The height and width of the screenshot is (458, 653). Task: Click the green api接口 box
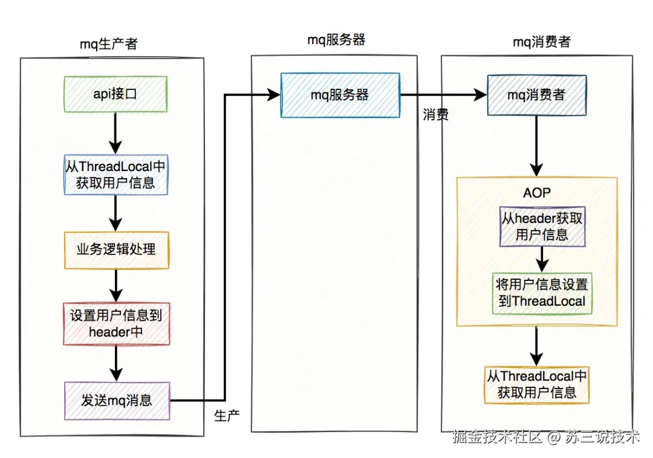coord(115,94)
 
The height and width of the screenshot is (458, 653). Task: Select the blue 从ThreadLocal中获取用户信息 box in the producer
coord(115,175)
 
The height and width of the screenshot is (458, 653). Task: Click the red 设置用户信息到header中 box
coord(116,323)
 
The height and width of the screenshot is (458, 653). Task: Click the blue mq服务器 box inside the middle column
coord(339,95)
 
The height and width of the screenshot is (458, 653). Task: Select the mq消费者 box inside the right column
coord(536,95)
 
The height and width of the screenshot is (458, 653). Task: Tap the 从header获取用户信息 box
coord(542,227)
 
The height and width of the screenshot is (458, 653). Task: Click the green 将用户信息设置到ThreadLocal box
coord(542,292)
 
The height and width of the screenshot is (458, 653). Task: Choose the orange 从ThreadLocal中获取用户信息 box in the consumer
coord(536,384)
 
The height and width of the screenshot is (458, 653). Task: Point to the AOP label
coord(537,194)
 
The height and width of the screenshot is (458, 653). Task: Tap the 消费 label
coord(435,115)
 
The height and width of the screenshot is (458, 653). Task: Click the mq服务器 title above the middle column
coord(336,40)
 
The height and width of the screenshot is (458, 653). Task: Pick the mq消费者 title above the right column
coord(541,42)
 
